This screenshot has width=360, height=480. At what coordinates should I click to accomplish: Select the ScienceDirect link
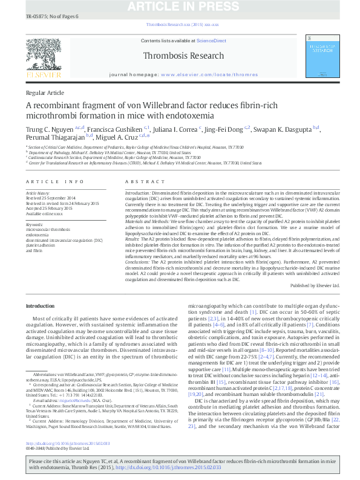click(211, 41)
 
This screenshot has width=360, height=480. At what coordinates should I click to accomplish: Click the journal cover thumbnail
click(322, 55)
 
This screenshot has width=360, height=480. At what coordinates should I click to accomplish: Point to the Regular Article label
click(45, 92)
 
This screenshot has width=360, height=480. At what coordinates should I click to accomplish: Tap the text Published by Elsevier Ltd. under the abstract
click(315, 285)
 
